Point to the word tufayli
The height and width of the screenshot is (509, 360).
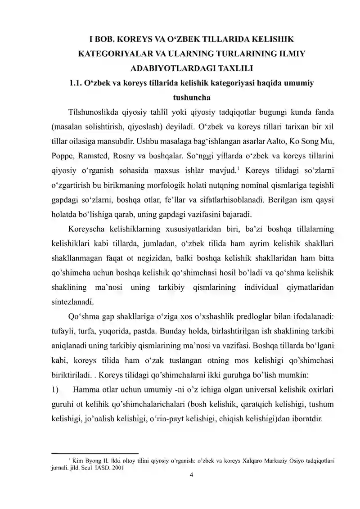pos(65,332)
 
